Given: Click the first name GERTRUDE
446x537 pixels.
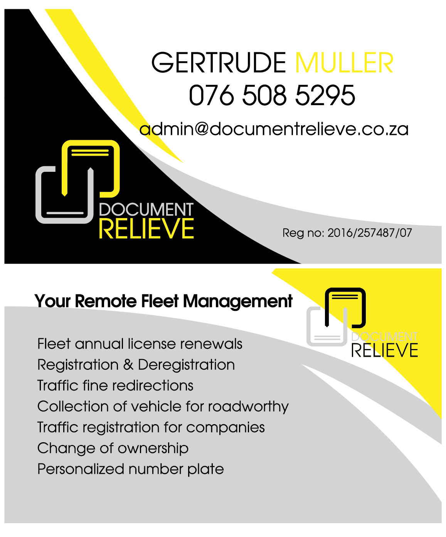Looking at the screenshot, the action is click(x=219, y=63).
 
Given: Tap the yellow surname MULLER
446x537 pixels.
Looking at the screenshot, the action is click(x=344, y=63).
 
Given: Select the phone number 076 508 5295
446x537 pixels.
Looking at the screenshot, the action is click(x=272, y=96).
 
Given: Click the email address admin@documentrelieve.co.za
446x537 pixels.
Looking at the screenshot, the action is click(x=274, y=129).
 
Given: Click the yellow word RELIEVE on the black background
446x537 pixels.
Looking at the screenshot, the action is click(x=146, y=229).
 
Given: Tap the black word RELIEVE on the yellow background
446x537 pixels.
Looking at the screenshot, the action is click(x=384, y=351).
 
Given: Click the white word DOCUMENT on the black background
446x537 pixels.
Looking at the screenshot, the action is click(x=146, y=210).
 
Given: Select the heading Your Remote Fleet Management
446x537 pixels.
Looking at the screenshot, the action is click(x=163, y=301).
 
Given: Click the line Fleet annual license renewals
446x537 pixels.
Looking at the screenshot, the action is click(x=140, y=344).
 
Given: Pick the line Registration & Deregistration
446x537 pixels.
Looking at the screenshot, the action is click(x=136, y=364).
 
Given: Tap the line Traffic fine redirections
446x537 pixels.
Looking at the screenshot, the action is click(x=115, y=385).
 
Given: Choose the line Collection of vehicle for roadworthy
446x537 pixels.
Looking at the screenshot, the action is click(x=163, y=406).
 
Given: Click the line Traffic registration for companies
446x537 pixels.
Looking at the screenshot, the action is click(x=151, y=427).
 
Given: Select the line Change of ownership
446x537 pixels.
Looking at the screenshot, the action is click(x=113, y=448).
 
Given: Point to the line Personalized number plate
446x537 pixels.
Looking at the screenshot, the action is click(x=130, y=469).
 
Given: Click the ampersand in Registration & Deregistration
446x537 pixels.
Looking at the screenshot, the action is click(x=128, y=364).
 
